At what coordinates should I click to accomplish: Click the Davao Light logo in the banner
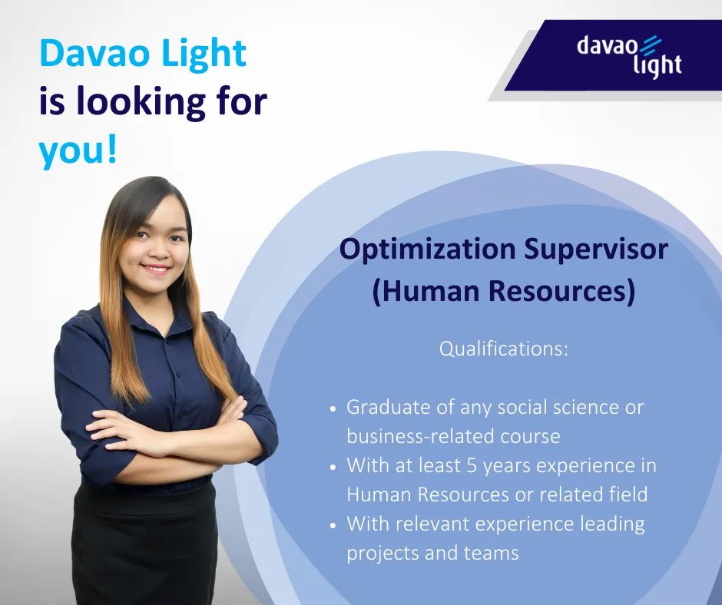[x=629, y=56]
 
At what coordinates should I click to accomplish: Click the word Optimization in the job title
[x=427, y=250]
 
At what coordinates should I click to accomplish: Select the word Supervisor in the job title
[x=596, y=250]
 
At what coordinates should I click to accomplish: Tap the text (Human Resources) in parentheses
[x=503, y=292]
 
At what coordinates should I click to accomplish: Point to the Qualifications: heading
[x=504, y=349]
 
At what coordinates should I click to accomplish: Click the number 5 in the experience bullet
[x=472, y=466]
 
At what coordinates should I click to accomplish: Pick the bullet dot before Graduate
[x=334, y=409]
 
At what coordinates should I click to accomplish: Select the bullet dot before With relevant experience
[x=334, y=525]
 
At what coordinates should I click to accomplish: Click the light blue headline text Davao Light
[x=143, y=54]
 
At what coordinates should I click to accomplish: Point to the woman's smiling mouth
[x=156, y=269]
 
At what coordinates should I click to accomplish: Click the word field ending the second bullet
[x=628, y=494]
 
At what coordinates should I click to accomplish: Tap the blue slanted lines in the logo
[x=650, y=45]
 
